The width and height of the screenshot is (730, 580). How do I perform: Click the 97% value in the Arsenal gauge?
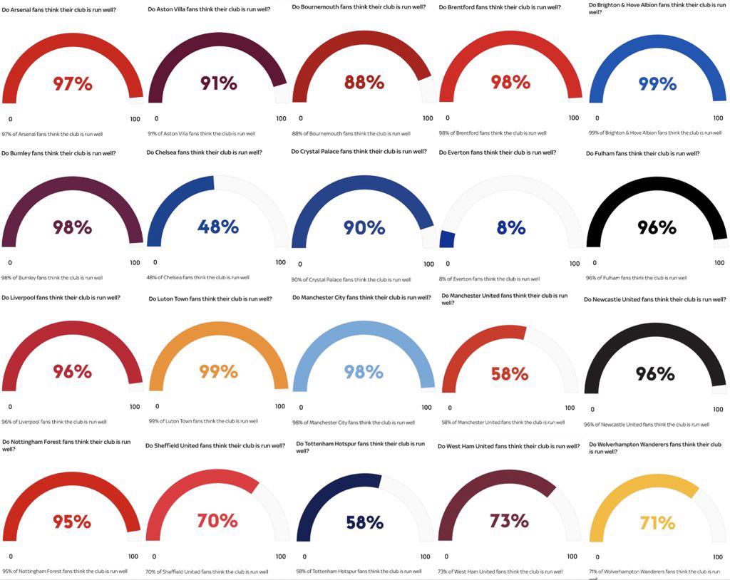click(73, 84)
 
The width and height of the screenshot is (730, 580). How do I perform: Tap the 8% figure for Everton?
click(510, 227)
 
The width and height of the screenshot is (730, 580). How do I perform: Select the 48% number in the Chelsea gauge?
click(218, 227)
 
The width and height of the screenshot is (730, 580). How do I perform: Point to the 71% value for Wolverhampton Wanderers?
click(657, 523)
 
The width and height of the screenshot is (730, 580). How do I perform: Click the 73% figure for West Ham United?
click(509, 520)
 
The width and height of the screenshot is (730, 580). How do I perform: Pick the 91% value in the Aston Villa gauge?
click(218, 83)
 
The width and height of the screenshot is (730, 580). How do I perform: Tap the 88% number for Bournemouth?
click(364, 83)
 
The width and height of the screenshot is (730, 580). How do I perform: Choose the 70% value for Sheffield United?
click(217, 520)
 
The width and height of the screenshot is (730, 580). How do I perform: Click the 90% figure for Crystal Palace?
click(364, 227)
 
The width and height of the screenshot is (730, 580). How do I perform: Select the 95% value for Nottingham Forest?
click(72, 522)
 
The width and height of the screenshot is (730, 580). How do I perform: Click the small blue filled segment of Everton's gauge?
click(447, 239)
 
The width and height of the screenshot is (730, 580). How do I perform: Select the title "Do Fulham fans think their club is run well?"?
click(642, 153)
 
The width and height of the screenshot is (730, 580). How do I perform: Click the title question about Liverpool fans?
click(61, 297)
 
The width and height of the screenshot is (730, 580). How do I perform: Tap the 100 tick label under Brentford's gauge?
click(574, 118)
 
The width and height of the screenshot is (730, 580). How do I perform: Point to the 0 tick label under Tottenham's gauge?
click(304, 556)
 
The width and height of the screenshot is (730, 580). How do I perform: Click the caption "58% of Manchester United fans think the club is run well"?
click(503, 423)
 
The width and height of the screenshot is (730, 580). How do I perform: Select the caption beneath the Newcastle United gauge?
click(647, 425)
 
